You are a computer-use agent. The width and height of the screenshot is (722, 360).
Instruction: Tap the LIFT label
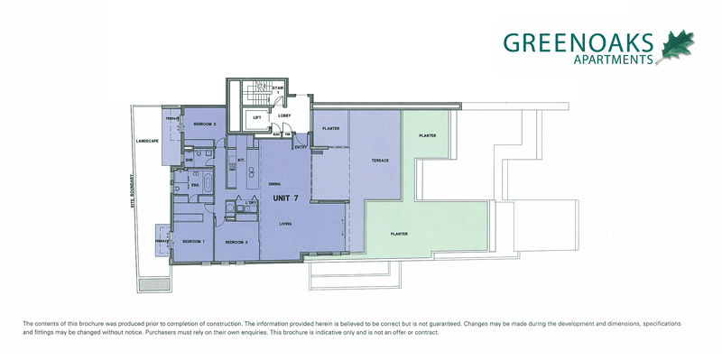tap(256, 117)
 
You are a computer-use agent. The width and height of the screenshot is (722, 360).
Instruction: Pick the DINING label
tap(274, 184)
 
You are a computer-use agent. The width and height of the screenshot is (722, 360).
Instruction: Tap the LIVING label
tap(285, 225)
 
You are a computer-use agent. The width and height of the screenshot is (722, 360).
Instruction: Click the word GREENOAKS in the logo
tap(579, 42)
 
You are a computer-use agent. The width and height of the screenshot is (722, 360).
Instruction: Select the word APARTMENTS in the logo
tap(613, 61)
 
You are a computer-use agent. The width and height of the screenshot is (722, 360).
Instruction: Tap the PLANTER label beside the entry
tap(329, 129)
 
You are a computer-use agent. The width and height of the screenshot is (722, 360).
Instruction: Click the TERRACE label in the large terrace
tap(380, 161)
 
